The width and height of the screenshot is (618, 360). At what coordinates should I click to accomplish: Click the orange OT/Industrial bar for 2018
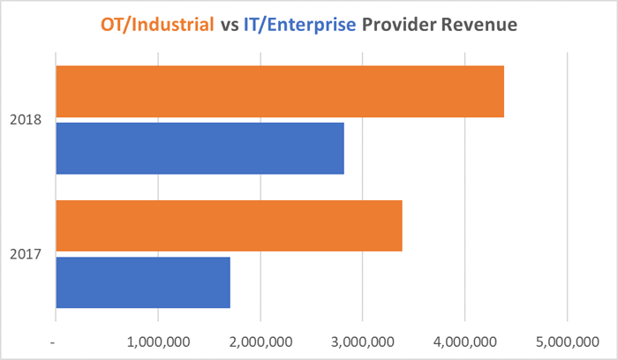280,92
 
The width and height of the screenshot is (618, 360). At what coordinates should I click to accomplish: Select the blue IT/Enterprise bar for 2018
200,148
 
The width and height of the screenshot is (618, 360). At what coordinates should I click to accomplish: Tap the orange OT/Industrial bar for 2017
229,226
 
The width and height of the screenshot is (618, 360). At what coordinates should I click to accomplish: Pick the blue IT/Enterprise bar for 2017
143,282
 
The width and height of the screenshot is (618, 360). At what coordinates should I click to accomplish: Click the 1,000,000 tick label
158,341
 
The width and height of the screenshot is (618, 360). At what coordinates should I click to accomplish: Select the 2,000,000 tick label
260,341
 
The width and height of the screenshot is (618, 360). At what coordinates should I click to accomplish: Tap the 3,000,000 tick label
363,341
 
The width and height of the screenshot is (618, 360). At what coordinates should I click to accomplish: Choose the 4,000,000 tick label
465,341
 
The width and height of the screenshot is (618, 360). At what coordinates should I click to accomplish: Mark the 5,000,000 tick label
568,341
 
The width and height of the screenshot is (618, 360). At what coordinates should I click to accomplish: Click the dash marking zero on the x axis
56,341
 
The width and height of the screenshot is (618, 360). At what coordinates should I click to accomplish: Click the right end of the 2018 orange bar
501,92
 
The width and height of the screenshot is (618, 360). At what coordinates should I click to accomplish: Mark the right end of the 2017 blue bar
228,282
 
